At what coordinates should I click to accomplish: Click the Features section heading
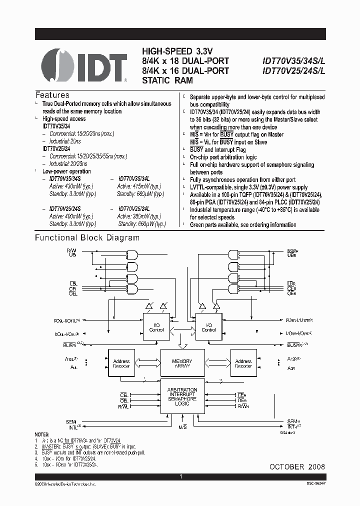[x=52, y=95]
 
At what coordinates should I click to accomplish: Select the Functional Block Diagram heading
[x=87, y=238]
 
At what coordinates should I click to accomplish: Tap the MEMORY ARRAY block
[x=182, y=363]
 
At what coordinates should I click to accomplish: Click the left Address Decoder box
[x=121, y=363]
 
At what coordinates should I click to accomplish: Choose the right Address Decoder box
[x=243, y=363]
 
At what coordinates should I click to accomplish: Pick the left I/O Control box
[x=156, y=327]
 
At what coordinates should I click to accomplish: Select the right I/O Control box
[x=208, y=327]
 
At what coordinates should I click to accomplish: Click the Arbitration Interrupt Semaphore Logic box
[x=182, y=396]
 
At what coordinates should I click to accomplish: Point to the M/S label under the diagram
[x=182, y=427]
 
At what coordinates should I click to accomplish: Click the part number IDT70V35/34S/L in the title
[x=293, y=61]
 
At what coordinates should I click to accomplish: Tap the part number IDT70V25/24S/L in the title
[x=293, y=70]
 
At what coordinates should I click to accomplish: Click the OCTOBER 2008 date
[x=297, y=466]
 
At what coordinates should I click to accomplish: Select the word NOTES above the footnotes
[x=42, y=434]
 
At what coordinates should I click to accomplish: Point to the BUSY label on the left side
[x=71, y=345]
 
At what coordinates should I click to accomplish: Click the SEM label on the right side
[x=293, y=421]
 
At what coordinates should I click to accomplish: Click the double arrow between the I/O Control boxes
[x=182, y=327]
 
